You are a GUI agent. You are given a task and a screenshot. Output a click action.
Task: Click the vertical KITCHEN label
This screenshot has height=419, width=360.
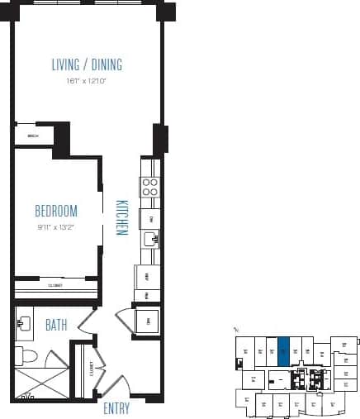(121, 217)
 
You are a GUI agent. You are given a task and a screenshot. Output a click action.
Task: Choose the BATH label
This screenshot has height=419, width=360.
(56, 326)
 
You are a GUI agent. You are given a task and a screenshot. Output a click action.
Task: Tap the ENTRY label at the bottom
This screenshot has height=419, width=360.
(117, 408)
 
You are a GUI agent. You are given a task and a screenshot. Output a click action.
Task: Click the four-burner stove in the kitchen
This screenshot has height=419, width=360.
(149, 188)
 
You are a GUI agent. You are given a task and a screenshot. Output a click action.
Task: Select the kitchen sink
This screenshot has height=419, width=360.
(150, 240)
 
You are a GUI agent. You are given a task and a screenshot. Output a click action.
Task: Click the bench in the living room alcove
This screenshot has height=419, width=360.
(33, 136)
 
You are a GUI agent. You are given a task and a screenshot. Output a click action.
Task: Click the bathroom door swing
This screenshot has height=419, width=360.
(83, 324)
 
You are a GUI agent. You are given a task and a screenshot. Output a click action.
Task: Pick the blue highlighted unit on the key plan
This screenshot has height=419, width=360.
(284, 350)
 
